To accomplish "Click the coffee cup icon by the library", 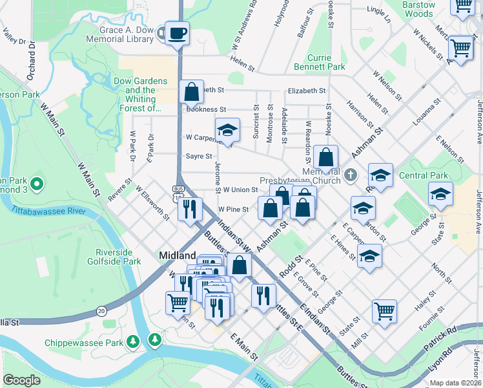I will coord(176,32).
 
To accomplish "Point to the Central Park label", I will coord(423,175).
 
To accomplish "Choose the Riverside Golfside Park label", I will coord(118,257).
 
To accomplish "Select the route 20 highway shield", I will coord(101,311).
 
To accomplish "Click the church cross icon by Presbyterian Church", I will coord(349,174).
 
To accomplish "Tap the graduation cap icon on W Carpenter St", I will coord(227,130).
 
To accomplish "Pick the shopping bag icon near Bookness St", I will coord(192,92).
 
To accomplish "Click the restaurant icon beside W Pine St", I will coord(190,209).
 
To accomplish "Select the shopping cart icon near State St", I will coord(384,310).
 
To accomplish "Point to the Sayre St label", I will coord(199,156).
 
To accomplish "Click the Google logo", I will coord(21,380).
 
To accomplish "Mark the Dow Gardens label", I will coord(141,81).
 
